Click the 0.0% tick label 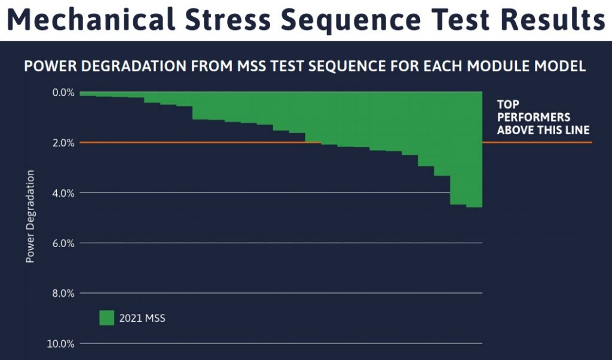click(x=62, y=93)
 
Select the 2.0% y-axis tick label click(x=62, y=143)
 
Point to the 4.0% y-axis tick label click(x=62, y=193)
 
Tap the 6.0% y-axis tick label click(x=62, y=243)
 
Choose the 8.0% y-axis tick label click(x=62, y=294)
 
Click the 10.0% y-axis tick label click(x=60, y=344)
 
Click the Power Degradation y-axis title click(x=30, y=216)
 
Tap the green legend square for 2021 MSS click(x=106, y=318)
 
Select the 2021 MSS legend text click(x=143, y=319)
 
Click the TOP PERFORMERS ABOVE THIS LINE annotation click(x=543, y=117)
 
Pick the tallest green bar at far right click(x=474, y=150)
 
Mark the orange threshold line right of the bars click(x=538, y=142)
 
